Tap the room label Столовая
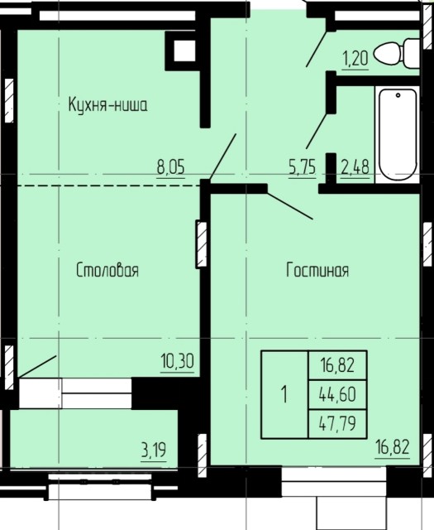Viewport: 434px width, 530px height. pyautogui.click(x=107, y=271)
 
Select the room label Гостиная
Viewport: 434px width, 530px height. pyautogui.click(x=317, y=271)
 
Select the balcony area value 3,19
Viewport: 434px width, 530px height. pyautogui.click(x=154, y=451)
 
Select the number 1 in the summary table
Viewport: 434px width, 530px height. pyautogui.click(x=284, y=393)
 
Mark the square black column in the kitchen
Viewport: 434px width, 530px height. pyautogui.click(x=182, y=50)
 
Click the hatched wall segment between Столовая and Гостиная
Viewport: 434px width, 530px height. pyautogui.click(x=200, y=243)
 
